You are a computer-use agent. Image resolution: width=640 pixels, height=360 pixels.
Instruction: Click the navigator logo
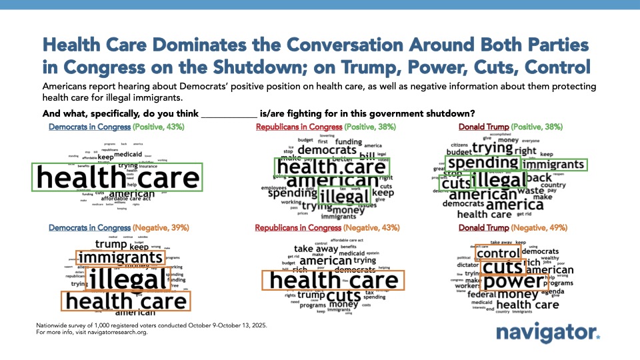click(x=548, y=333)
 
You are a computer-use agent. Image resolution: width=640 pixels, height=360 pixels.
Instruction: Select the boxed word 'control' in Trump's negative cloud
click(x=498, y=253)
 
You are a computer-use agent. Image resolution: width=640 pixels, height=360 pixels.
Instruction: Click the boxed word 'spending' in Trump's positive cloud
click(x=482, y=163)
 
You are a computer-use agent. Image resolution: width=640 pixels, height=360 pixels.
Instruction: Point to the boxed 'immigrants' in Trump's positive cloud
click(x=553, y=164)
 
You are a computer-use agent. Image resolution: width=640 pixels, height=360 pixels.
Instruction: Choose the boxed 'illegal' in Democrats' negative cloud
click(x=127, y=279)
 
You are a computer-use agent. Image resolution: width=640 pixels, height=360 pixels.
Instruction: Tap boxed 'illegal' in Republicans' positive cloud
click(x=344, y=196)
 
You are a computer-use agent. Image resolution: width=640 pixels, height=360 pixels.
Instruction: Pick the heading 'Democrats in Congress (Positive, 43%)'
click(x=117, y=127)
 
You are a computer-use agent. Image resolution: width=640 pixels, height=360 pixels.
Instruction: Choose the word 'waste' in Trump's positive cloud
click(x=531, y=190)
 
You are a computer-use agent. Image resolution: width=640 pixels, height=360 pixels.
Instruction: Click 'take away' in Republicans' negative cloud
click(x=316, y=249)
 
